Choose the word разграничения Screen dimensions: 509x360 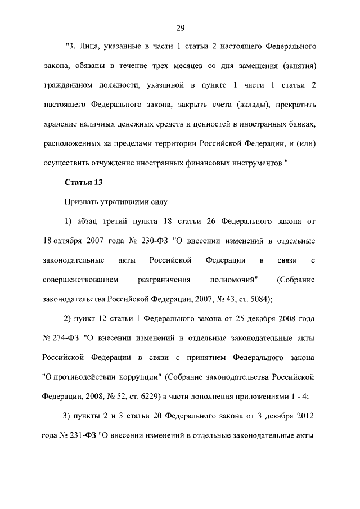164,280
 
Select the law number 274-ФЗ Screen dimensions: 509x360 61,337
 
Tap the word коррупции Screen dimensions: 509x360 142,376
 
